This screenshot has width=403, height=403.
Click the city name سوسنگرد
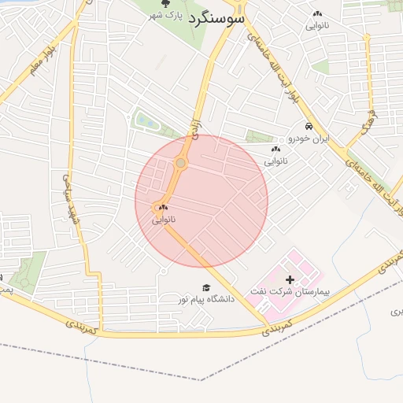tap(216, 17)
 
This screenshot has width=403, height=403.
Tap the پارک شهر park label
tap(166, 16)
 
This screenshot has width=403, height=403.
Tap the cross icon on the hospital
tap(290, 279)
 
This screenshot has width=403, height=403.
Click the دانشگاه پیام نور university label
tap(191, 299)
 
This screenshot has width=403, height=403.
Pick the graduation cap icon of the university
tap(206, 287)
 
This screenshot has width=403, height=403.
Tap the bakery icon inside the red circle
tap(164, 208)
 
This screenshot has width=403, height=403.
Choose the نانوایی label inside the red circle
tap(164, 220)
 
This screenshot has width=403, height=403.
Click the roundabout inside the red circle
tap(181, 163)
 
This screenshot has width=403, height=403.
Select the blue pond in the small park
tap(146, 121)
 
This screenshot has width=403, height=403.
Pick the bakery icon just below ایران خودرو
tap(275, 150)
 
